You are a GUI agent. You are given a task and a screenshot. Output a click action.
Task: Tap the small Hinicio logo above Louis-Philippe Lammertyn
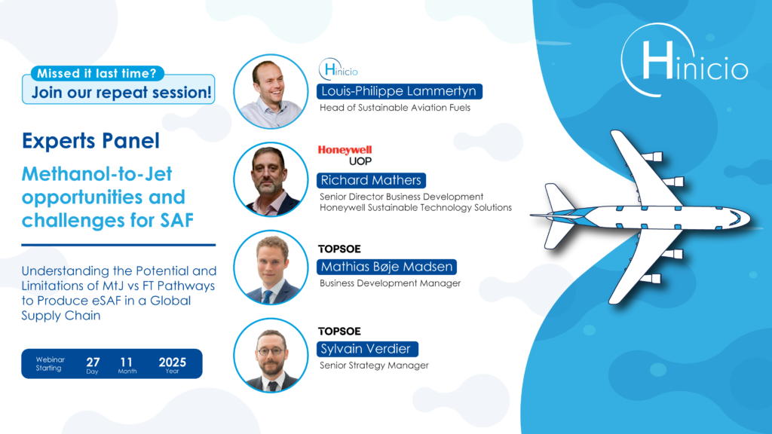tap(339, 69)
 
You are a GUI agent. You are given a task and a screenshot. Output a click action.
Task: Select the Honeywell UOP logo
tap(345, 155)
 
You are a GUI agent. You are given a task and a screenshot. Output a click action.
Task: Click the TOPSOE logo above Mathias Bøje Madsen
tap(339, 249)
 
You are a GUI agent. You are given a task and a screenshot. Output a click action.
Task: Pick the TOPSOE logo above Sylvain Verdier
tap(339, 332)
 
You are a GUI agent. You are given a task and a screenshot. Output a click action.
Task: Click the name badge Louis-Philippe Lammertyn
tap(400, 91)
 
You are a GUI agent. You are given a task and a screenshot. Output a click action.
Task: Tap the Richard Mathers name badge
tap(371, 181)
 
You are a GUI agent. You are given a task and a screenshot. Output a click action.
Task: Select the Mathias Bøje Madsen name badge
tap(387, 267)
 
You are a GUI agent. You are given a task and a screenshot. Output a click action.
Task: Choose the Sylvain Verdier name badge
tap(367, 349)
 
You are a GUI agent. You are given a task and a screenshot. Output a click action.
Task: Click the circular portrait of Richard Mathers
tap(271, 179)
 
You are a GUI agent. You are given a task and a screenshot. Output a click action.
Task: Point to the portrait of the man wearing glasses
tap(271, 356)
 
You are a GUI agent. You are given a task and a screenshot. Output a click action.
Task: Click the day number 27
tap(93, 362)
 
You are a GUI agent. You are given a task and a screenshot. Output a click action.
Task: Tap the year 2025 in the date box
tap(173, 362)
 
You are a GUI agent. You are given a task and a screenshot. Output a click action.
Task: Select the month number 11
tap(126, 362)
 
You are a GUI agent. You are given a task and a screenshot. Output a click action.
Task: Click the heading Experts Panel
tap(90, 141)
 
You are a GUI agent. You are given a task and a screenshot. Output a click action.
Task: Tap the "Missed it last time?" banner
tap(97, 73)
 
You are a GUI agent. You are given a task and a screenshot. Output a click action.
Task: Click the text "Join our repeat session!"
tap(121, 92)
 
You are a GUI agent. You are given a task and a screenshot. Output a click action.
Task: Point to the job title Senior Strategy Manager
tap(374, 365)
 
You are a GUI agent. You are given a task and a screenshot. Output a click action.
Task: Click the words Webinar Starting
tap(50, 364)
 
